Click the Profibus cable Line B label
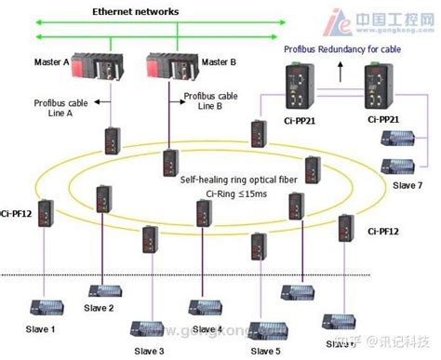[x=213, y=100]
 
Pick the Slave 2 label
[x=99, y=308]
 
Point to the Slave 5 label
[x=264, y=350]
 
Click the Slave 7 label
[x=408, y=184]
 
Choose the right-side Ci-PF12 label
[x=383, y=230]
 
